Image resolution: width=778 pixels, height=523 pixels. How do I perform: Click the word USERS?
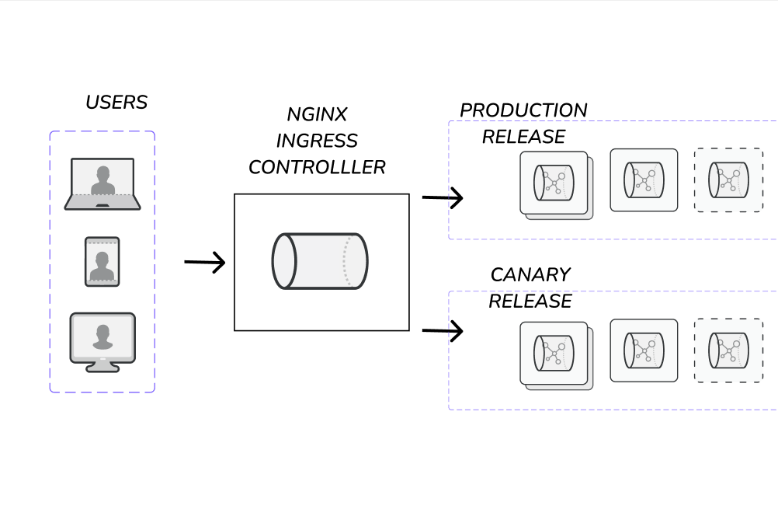116,102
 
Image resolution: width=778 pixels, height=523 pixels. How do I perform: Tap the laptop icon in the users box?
102,184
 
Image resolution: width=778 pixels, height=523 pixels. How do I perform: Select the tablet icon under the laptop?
102,262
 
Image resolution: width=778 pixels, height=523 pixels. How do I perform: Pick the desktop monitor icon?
102,342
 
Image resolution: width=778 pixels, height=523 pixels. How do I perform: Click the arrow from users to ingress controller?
204,263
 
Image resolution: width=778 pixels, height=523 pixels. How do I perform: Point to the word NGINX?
317,114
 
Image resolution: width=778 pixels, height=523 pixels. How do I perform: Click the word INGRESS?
317,141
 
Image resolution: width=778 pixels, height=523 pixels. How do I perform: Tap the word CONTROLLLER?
317,167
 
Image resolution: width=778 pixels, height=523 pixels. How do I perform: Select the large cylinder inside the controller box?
319,261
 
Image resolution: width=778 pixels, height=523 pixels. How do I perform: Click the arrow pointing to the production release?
443,198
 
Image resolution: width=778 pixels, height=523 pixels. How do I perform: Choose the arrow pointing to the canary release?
443,332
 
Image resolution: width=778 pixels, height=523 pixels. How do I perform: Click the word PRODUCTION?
523,110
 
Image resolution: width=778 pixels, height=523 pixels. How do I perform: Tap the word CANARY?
530,275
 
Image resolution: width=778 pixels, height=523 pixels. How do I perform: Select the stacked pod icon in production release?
555,184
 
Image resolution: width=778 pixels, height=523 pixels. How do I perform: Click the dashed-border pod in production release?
728,180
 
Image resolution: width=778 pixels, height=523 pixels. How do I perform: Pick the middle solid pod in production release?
644,180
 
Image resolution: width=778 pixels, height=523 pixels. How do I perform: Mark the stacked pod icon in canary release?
555,354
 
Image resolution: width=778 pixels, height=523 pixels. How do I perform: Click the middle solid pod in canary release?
644,350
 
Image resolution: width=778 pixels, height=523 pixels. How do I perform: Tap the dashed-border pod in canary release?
728,350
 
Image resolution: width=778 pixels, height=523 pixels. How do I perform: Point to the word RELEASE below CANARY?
530,301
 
